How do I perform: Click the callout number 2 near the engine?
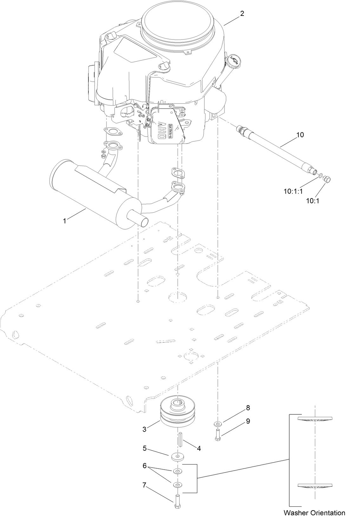click(x=242, y=14)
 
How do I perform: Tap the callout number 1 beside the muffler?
click(x=65, y=221)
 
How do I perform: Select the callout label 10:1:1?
click(x=293, y=191)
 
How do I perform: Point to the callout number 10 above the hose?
click(x=300, y=135)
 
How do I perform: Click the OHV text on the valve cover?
click(x=161, y=131)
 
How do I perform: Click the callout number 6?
click(x=144, y=465)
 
